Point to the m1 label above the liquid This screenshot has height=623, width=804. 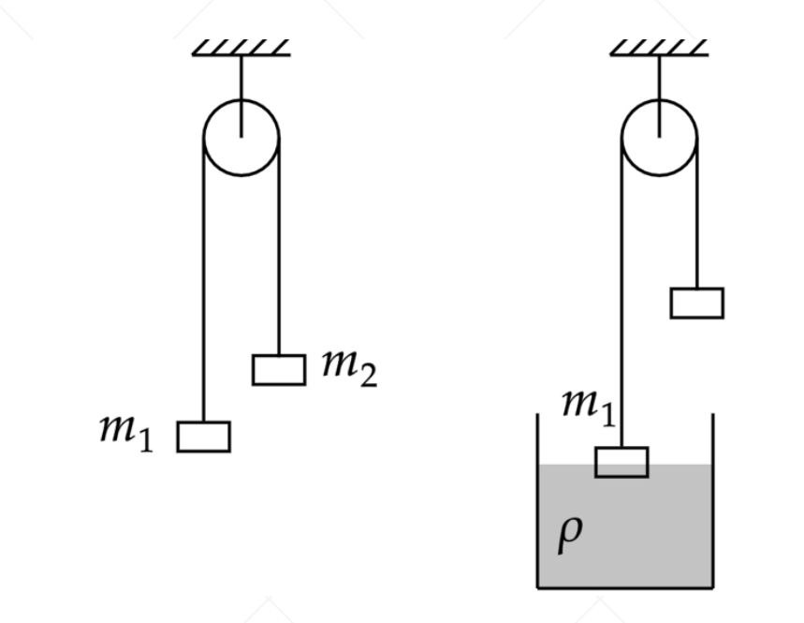coord(588,405)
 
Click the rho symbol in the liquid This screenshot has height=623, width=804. coord(570,533)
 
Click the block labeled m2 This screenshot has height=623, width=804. coord(278,370)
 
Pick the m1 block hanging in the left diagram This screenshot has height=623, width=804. coord(203,437)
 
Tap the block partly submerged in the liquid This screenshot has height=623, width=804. coord(621,462)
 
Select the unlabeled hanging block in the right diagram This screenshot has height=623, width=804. coord(696,304)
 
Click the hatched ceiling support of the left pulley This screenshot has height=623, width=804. coord(241,47)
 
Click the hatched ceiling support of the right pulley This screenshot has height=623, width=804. coord(659,47)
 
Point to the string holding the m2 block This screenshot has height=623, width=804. coord(279,262)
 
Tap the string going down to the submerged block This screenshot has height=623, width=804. coord(621,300)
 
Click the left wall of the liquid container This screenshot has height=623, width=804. coord(537,506)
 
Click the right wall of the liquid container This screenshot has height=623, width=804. coord(713,506)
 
